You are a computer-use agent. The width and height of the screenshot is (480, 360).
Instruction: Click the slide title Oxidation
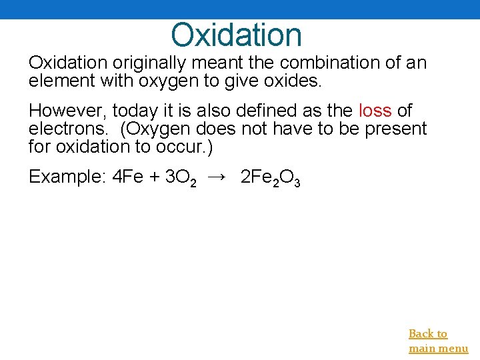[236, 35]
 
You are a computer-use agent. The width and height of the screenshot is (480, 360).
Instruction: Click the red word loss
[375, 110]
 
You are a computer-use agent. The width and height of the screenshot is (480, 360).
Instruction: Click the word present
[396, 128]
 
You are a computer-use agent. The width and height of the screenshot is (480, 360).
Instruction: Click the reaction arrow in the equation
[217, 177]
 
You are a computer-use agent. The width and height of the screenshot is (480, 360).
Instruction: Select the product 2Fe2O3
[270, 178]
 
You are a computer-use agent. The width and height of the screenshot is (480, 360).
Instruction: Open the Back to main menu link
[438, 341]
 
